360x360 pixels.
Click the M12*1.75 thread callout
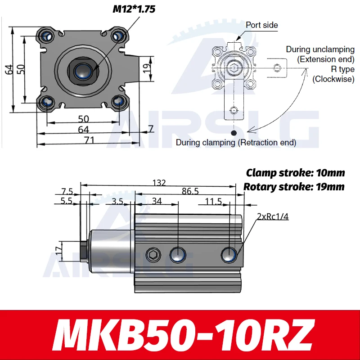pyautogui.click(x=134, y=9)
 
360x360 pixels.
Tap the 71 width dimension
pyautogui.click(x=89, y=140)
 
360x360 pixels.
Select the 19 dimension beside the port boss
pyautogui.click(x=147, y=68)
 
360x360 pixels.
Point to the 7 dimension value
pyautogui.click(x=151, y=129)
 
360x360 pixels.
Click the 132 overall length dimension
pyautogui.click(x=159, y=183)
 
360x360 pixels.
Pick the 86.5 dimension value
pyautogui.click(x=190, y=191)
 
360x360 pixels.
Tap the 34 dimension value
pyautogui.click(x=157, y=201)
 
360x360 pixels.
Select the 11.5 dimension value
pyautogui.click(x=213, y=201)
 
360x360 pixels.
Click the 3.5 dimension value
pyautogui.click(x=117, y=201)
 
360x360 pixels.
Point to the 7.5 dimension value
pyautogui.click(x=67, y=191)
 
